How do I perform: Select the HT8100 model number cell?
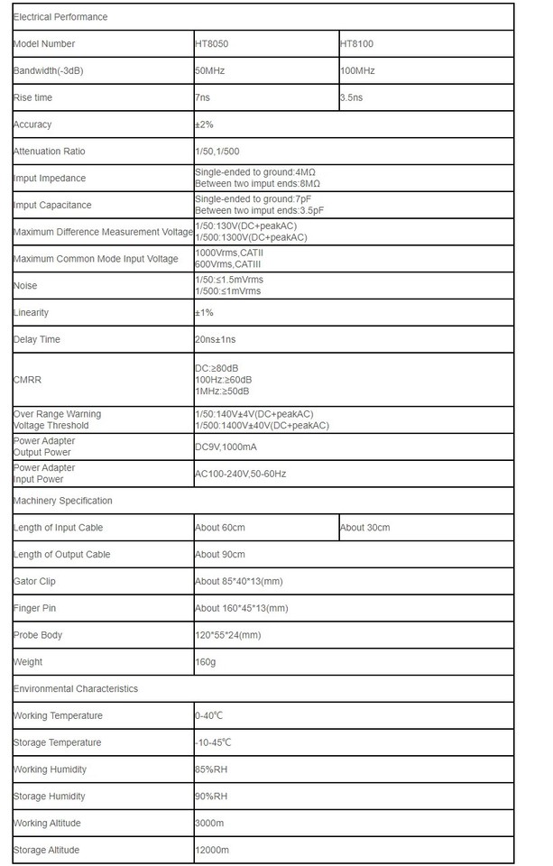tap(356, 43)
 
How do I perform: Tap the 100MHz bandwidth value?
tap(357, 70)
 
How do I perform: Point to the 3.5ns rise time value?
tap(352, 97)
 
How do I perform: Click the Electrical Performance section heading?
tap(60, 16)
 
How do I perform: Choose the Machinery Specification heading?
tap(63, 501)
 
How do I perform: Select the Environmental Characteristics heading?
tap(76, 688)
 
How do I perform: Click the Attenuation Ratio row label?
tap(50, 152)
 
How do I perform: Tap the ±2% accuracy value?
tap(204, 124)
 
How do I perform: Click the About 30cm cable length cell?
tap(365, 528)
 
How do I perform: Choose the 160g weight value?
tap(205, 662)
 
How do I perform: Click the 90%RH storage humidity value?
tap(211, 797)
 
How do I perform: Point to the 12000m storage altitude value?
tap(212, 851)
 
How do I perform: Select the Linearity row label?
tap(32, 312)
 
